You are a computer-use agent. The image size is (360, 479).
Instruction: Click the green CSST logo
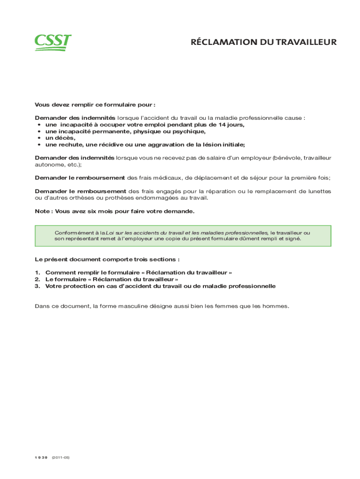(52, 42)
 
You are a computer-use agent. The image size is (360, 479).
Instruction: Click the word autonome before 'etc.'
(48, 165)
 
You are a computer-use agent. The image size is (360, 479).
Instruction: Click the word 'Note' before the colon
(42, 211)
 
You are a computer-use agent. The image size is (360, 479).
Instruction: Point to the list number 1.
(37, 272)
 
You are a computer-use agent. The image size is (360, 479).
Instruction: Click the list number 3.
(37, 286)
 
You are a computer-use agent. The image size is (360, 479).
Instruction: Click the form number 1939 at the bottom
(41, 457)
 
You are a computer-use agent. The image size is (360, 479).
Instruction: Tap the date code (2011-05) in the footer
(61, 457)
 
